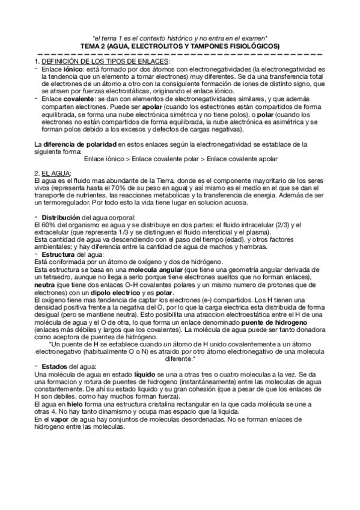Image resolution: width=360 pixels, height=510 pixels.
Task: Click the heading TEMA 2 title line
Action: pyautogui.click(x=180, y=46)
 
